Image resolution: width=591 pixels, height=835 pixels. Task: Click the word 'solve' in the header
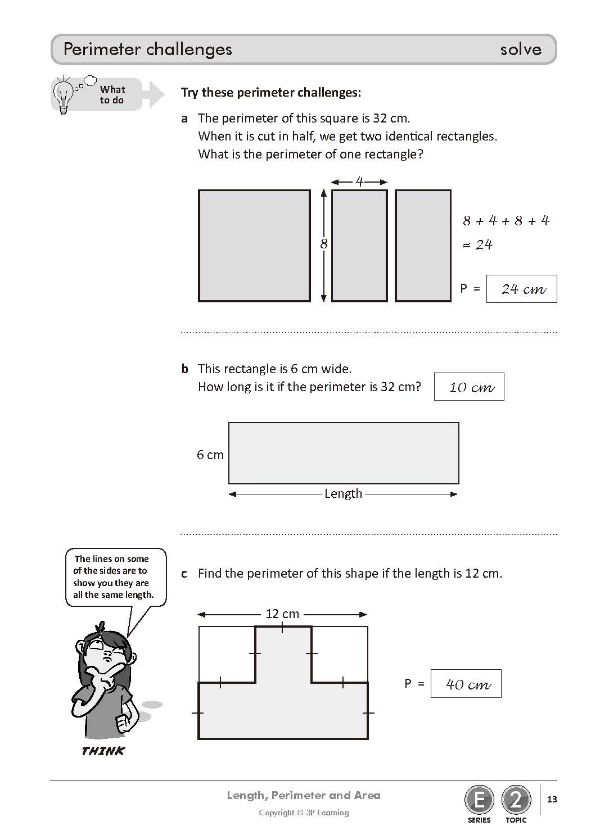521,49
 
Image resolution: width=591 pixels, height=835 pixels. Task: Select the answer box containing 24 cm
522,289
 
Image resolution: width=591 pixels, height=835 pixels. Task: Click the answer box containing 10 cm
469,387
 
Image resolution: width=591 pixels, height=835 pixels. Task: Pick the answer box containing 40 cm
466,684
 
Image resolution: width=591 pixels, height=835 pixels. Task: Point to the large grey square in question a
254,246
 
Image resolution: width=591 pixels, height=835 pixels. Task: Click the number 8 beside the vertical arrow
324,244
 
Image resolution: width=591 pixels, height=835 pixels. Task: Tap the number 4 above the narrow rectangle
359,182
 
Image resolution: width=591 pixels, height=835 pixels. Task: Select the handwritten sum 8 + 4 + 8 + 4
506,221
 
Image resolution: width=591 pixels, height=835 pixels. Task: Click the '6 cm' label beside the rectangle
210,455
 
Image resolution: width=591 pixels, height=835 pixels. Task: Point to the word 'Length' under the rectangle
343,493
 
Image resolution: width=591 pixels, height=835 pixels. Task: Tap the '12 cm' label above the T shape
282,614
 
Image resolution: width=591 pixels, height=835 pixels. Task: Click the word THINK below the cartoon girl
103,751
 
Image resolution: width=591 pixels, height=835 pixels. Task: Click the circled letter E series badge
479,800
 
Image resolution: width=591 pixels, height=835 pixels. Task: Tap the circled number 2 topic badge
516,800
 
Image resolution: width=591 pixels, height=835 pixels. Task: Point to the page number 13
552,799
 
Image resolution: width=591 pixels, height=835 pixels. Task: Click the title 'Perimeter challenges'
148,49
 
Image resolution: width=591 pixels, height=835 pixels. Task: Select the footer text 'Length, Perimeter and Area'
304,796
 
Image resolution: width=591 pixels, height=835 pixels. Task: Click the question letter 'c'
184,574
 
